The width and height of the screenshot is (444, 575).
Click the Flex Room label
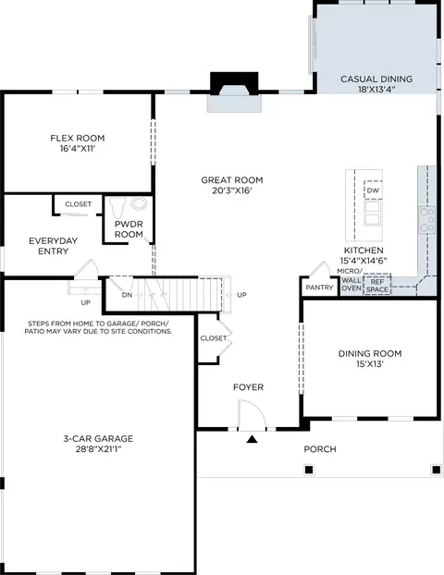click(x=78, y=139)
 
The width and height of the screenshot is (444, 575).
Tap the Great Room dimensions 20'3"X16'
click(x=232, y=190)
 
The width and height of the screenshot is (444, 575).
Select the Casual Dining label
click(x=376, y=79)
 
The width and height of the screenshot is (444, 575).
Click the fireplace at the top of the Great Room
click(x=234, y=92)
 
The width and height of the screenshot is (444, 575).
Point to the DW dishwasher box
click(x=373, y=190)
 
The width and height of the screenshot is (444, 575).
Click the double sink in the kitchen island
click(x=373, y=213)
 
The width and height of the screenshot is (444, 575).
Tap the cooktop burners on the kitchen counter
click(x=427, y=220)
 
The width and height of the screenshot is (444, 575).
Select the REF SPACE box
click(x=376, y=285)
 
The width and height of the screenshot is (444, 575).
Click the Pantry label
click(x=319, y=287)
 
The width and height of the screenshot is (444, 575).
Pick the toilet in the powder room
click(x=117, y=208)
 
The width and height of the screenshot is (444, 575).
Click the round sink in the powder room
click(x=140, y=203)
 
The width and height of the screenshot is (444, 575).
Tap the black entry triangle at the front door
click(x=252, y=439)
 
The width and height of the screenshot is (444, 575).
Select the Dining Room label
click(x=370, y=353)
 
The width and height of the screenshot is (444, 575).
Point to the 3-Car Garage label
click(x=98, y=438)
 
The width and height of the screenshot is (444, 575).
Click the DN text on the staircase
click(x=127, y=295)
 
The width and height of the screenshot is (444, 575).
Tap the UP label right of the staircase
click(x=241, y=295)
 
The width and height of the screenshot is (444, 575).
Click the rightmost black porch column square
click(x=437, y=470)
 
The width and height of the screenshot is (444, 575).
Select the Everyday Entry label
click(x=54, y=246)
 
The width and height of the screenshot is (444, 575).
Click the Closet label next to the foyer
click(x=214, y=338)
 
